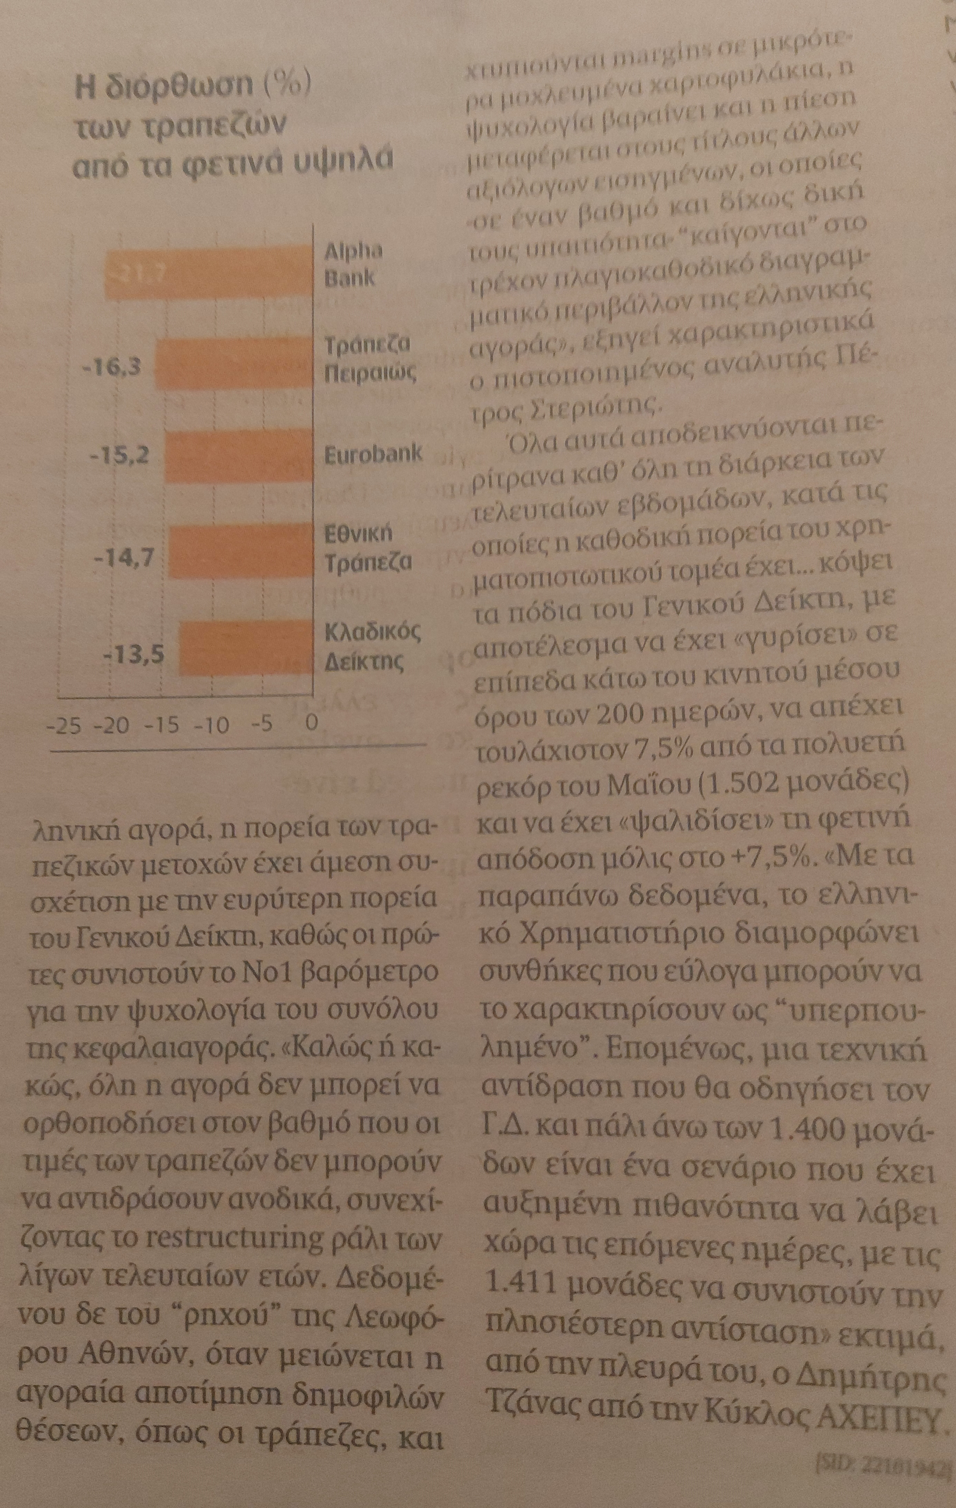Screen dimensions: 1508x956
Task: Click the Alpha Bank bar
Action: [207, 274]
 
